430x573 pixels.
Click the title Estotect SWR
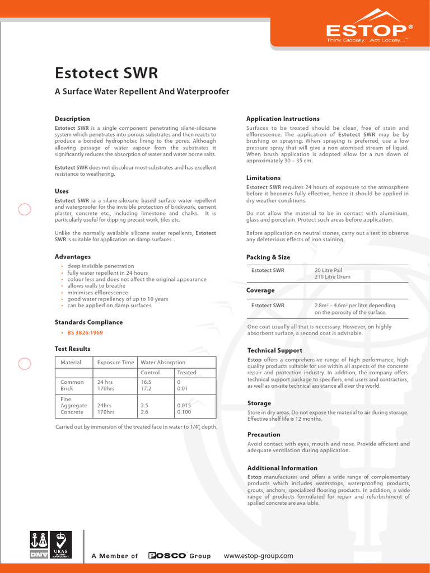click(106, 73)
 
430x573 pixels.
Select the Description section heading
click(72, 119)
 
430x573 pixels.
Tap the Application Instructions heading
click(283, 119)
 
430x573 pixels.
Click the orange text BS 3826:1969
click(85, 332)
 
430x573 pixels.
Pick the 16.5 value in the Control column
click(147, 382)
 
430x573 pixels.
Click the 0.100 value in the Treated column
click(185, 412)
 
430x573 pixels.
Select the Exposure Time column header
click(115, 363)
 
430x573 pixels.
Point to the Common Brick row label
click(72, 385)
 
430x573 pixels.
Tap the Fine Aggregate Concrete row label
click(73, 406)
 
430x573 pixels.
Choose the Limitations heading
click(263, 178)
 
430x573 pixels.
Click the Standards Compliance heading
click(88, 322)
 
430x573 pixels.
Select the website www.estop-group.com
click(258, 556)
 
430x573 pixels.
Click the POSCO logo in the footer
click(167, 556)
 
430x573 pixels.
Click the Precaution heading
click(264, 435)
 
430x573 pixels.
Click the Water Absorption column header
click(163, 363)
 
